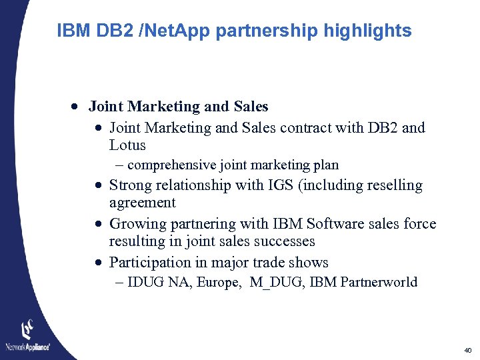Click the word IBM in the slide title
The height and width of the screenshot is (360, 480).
click(x=74, y=31)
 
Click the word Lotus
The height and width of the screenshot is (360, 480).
click(x=127, y=145)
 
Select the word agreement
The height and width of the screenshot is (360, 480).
click(x=142, y=203)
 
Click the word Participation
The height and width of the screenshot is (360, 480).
click(x=151, y=263)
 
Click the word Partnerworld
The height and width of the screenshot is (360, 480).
click(x=379, y=282)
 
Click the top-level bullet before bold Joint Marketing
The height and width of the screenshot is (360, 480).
click(x=78, y=107)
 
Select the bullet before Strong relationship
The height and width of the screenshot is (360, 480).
click(x=98, y=186)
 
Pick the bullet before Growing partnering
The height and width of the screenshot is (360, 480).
click(x=98, y=225)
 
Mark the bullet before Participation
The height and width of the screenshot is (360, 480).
click(x=98, y=263)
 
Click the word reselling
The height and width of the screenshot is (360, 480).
click(x=391, y=185)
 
